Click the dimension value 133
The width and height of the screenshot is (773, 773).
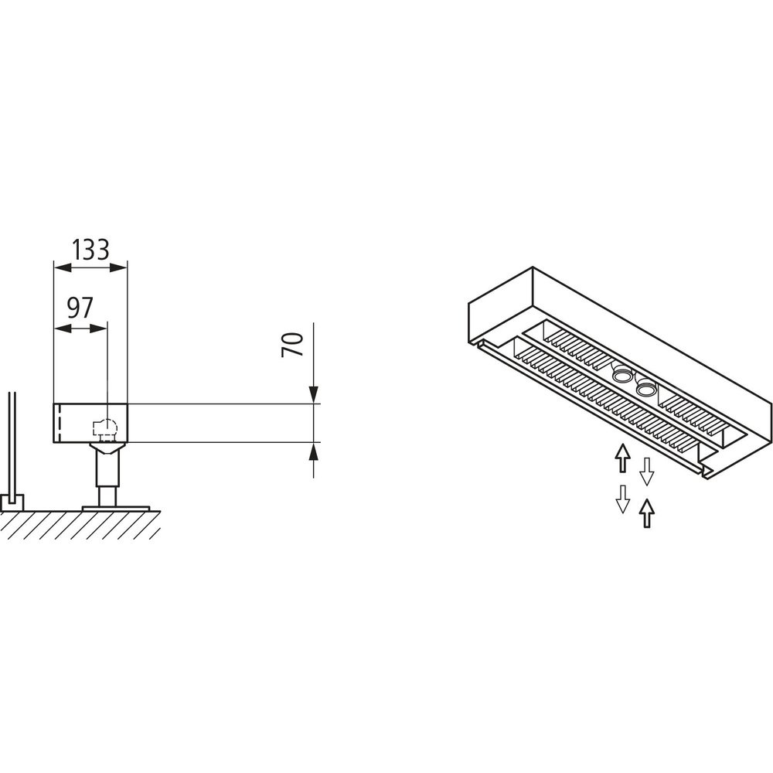coord(90,250)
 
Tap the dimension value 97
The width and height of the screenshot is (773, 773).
coord(80,308)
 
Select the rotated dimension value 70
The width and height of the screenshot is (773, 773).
coord(291,345)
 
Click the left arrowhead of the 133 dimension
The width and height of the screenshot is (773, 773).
coord(63,267)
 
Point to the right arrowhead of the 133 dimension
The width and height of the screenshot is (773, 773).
coord(118,267)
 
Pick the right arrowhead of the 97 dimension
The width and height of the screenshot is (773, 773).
coord(97,329)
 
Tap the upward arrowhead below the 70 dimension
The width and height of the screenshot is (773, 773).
coord(313,451)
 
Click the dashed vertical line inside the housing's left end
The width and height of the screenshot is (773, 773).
coord(60,423)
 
